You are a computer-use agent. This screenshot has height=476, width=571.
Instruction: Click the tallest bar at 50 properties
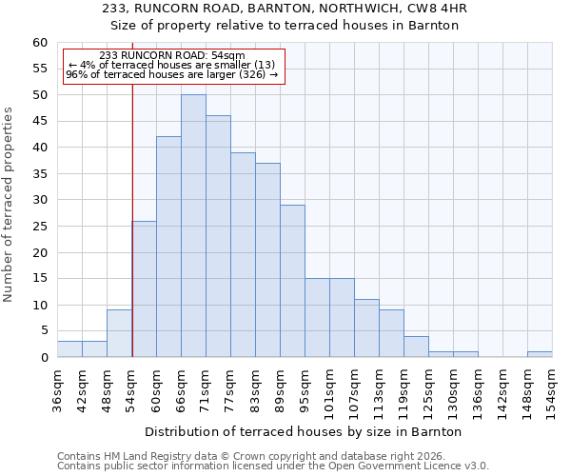(193, 226)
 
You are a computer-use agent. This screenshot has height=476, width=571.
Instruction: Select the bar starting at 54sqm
(144, 288)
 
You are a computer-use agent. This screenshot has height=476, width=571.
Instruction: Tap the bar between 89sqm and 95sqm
(292, 281)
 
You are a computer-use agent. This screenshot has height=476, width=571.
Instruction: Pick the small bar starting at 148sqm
(540, 354)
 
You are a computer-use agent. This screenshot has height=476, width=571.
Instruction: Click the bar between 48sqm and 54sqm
(119, 333)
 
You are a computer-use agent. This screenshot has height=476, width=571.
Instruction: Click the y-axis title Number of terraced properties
(9, 204)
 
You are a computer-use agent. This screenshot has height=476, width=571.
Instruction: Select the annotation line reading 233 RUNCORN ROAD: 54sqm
(172, 55)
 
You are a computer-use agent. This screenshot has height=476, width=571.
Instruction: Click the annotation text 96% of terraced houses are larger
(172, 74)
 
